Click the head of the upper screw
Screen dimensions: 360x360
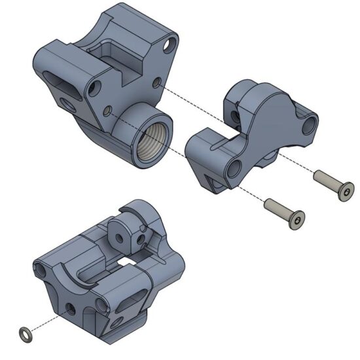[x=346, y=192]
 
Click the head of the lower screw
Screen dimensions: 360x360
[x=297, y=222]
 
